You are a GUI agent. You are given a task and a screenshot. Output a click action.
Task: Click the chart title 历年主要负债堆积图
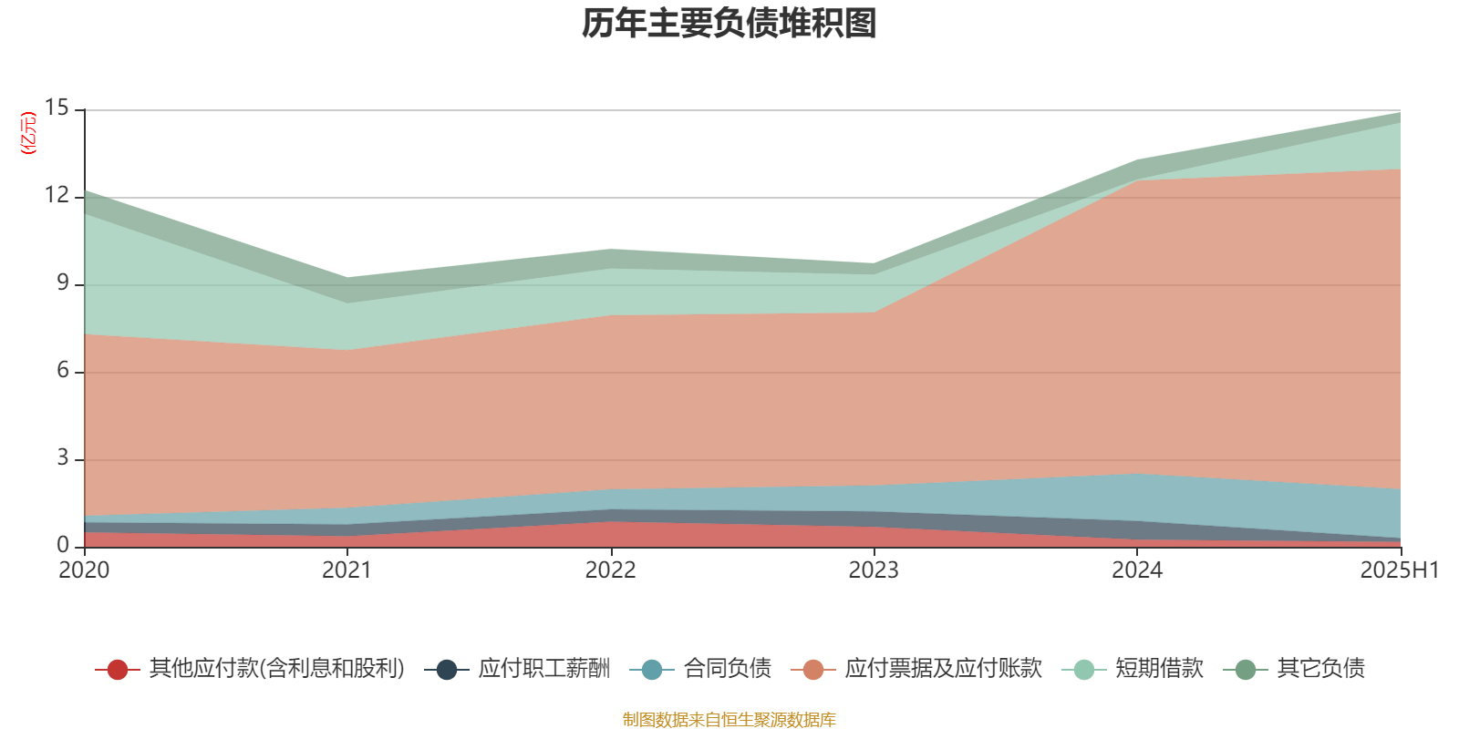point(729,24)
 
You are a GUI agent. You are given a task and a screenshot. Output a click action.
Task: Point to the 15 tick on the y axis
point(57,108)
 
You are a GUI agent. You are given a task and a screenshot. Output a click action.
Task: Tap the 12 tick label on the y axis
point(57,196)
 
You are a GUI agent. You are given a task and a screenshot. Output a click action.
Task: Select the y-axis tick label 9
point(62,283)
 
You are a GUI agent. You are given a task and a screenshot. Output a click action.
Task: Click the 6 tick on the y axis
point(62,371)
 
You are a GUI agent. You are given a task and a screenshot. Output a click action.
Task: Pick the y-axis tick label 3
point(62,458)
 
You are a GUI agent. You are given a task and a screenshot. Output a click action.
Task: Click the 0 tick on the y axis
point(62,545)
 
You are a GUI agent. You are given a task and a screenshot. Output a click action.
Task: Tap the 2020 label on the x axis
point(84,570)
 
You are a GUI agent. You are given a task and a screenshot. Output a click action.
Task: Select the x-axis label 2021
point(347,570)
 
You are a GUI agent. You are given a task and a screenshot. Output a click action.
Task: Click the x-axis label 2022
point(610,570)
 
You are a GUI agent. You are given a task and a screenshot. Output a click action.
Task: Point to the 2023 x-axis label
point(874,570)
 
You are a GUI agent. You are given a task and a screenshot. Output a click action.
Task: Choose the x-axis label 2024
point(1137,570)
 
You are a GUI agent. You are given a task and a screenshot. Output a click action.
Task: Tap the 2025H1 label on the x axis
point(1398,570)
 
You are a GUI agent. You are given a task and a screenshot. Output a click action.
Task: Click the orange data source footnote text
point(729,720)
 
